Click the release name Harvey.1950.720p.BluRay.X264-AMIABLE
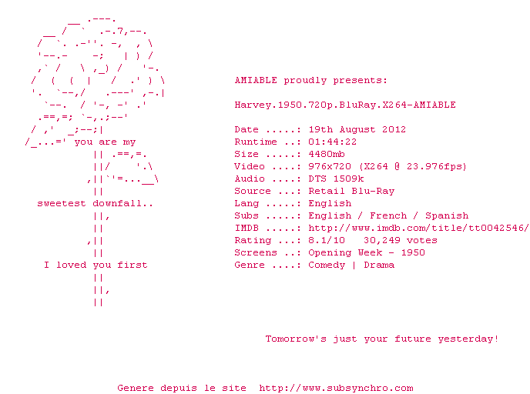pyautogui.click(x=345, y=105)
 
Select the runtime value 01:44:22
pyautogui.click(x=332, y=142)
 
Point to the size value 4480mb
pyautogui.click(x=327, y=154)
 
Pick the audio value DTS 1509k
pyautogui.click(x=336, y=179)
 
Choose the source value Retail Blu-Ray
pyautogui.click(x=351, y=191)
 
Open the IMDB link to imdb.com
pyautogui.click(x=418, y=228)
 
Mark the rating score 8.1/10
pyautogui.click(x=327, y=240)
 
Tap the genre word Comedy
pyautogui.click(x=327, y=265)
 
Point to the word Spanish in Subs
pyautogui.click(x=447, y=215)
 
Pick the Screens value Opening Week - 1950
pyautogui.click(x=367, y=252)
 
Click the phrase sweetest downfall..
pyautogui.click(x=96, y=203)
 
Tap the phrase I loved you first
pyautogui.click(x=96, y=265)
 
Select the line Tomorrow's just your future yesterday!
pyautogui.click(x=382, y=339)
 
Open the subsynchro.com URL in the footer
pyautogui.click(x=336, y=388)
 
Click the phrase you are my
pyautogui.click(x=105, y=142)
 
